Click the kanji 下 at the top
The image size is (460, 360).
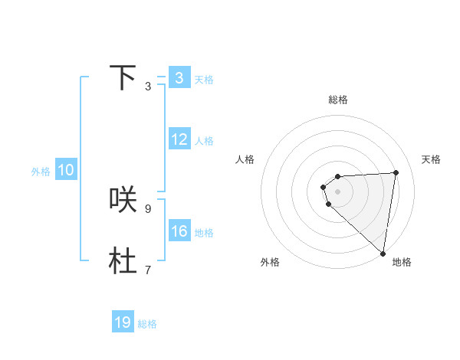[x=123, y=77]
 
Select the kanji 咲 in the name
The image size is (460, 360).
[x=123, y=199]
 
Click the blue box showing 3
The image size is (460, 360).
[x=179, y=78]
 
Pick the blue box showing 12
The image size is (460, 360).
[x=179, y=139]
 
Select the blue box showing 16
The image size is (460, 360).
[x=179, y=231]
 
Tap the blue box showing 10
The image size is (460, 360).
[x=66, y=171]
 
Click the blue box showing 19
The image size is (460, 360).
[x=123, y=322]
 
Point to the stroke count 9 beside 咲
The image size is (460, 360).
[x=147, y=208]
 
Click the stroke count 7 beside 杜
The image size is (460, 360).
[x=147, y=270]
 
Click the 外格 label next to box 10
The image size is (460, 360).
[x=41, y=172]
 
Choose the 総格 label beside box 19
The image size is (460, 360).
[x=147, y=324]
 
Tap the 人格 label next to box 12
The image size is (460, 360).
[x=204, y=141]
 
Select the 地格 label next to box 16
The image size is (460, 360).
[x=204, y=233]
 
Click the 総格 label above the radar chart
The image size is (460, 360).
[x=338, y=100]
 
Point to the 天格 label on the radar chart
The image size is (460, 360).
[x=432, y=159]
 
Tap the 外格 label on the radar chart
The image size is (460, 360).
[x=270, y=262]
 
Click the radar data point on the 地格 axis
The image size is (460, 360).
[x=383, y=253]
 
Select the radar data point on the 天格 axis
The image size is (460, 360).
[x=396, y=172]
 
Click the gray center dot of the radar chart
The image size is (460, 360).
[x=337, y=191]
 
